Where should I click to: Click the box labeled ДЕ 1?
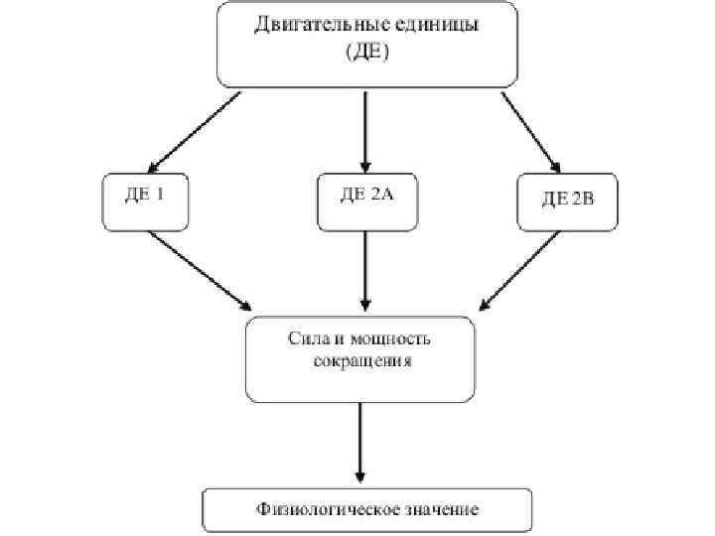(144, 202)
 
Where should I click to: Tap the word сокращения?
(360, 362)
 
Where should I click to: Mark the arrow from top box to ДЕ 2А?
(365, 129)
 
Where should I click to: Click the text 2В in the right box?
(582, 201)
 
